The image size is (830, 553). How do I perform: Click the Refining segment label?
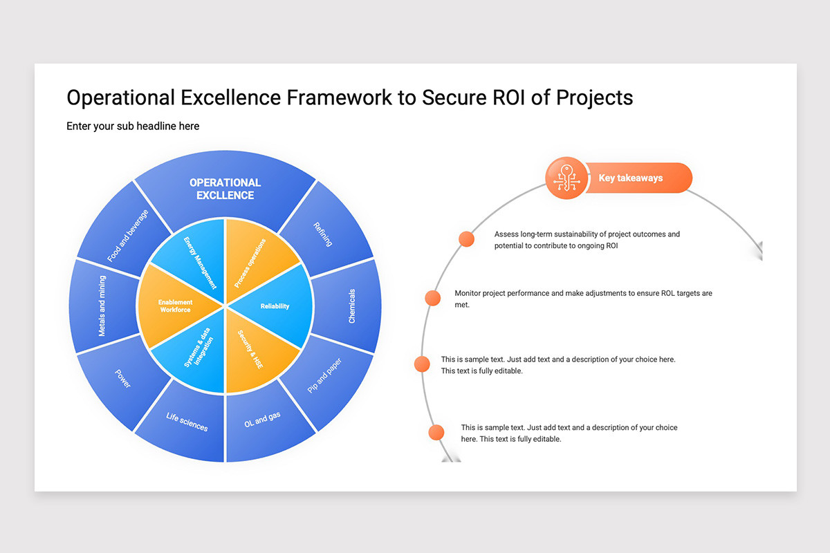[323, 234]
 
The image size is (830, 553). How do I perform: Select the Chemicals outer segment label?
[351, 306]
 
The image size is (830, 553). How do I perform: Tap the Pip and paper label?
[324, 375]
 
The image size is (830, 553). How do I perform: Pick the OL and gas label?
[262, 420]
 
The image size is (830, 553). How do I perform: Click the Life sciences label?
[187, 422]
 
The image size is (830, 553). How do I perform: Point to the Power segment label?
[122, 379]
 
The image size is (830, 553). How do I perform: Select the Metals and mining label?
[102, 306]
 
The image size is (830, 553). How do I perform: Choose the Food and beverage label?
[127, 236]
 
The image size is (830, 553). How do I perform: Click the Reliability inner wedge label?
[275, 306]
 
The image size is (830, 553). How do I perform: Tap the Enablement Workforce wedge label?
[175, 306]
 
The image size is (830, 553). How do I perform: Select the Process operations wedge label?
[250, 263]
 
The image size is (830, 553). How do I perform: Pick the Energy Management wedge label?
[200, 263]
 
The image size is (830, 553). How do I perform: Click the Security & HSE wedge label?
[250, 349]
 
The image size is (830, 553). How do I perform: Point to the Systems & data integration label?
[199, 348]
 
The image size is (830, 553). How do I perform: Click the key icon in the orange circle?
[566, 178]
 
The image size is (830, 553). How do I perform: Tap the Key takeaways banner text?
[631, 178]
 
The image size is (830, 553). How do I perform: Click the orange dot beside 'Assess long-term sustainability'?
[466, 239]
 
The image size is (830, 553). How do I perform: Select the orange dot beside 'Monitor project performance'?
[432, 298]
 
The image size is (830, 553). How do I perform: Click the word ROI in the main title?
[509, 97]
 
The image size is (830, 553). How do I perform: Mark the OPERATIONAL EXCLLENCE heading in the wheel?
[225, 189]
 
